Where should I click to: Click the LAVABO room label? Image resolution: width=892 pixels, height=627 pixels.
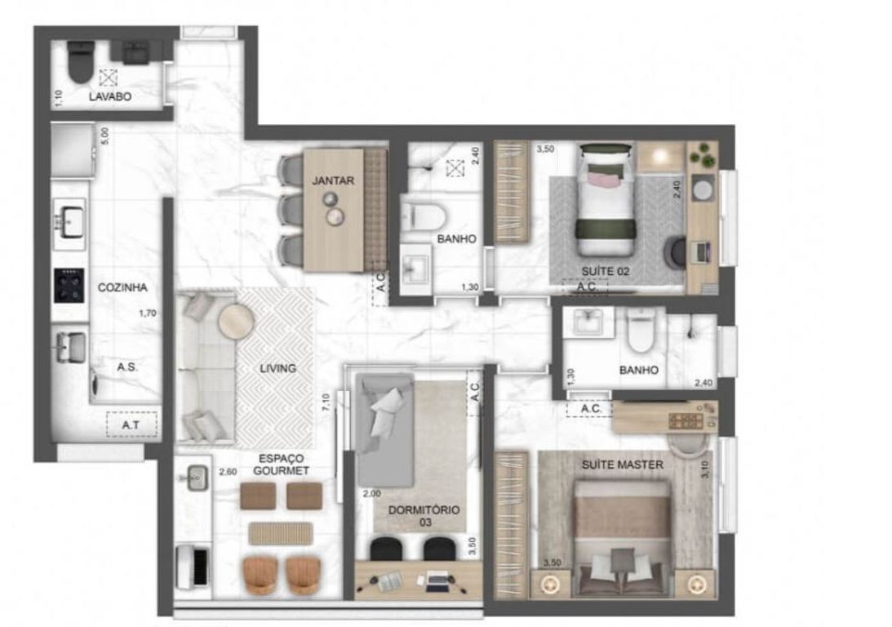110,96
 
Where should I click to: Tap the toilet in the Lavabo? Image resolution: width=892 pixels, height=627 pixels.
80,63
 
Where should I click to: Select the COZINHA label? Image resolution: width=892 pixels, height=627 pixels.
122,287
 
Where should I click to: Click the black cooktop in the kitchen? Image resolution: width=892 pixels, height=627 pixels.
69,286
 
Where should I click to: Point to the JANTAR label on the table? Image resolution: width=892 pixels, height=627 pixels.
333,180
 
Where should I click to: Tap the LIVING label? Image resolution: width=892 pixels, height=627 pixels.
277,368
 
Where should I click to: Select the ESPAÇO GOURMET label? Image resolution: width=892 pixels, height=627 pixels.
281,465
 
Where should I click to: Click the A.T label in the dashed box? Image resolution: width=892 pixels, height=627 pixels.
131,425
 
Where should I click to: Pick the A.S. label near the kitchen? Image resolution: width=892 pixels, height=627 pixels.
126,367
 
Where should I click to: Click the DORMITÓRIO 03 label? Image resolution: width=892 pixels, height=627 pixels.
424,515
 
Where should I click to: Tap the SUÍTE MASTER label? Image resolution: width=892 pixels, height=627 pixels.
623,465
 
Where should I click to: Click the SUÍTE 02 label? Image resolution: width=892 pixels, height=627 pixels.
606,271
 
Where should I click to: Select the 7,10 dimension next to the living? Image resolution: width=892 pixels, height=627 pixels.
326,402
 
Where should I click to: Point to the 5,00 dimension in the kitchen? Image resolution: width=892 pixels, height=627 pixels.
104,136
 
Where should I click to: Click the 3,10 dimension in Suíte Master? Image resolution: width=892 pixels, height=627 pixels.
705,469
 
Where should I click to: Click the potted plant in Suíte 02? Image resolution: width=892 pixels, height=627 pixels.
703,155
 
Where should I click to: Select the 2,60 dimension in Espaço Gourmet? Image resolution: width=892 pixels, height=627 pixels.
229,472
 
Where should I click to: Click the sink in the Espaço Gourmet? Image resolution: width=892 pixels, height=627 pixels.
196,478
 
